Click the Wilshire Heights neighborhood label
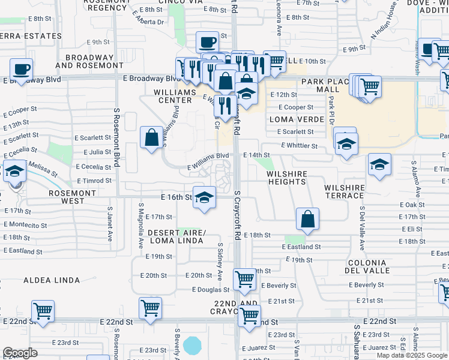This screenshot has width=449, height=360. [286, 177]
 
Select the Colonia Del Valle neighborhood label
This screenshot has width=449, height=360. [366, 268]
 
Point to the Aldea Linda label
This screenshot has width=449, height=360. [52, 280]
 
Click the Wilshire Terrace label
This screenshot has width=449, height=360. [345, 191]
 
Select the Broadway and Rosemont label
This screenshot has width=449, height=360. [84, 61]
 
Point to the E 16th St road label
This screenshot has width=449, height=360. [176, 197]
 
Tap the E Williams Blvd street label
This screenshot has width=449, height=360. [208, 155]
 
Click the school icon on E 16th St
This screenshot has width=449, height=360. [204, 198]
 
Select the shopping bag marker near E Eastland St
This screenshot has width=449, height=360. [307, 220]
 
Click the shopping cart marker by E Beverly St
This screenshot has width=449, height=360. [244, 279]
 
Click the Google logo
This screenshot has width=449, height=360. [20, 353]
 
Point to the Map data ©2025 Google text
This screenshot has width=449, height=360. [412, 355]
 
